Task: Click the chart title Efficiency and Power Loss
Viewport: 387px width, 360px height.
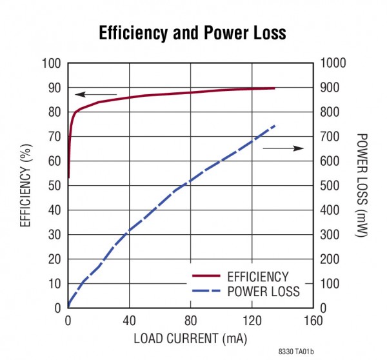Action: pos(192,34)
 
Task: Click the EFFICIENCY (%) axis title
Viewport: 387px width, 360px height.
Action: pos(26,186)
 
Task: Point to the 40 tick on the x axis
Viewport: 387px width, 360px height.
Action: pos(129,320)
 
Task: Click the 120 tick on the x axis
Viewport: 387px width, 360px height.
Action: pos(252,320)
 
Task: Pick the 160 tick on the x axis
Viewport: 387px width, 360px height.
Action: pos(313,320)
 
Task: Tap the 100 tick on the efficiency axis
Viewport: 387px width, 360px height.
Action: pos(51,63)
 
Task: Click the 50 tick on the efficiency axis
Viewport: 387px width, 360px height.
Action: pos(54,186)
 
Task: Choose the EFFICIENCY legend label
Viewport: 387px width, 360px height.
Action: pos(257,277)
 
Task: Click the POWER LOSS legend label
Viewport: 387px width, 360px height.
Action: pos(263,292)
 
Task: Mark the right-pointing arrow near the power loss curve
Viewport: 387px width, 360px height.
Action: pos(283,148)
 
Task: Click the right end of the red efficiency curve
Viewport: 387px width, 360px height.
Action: pos(274,88)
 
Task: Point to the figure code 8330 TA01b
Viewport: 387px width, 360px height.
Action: pos(296,352)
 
